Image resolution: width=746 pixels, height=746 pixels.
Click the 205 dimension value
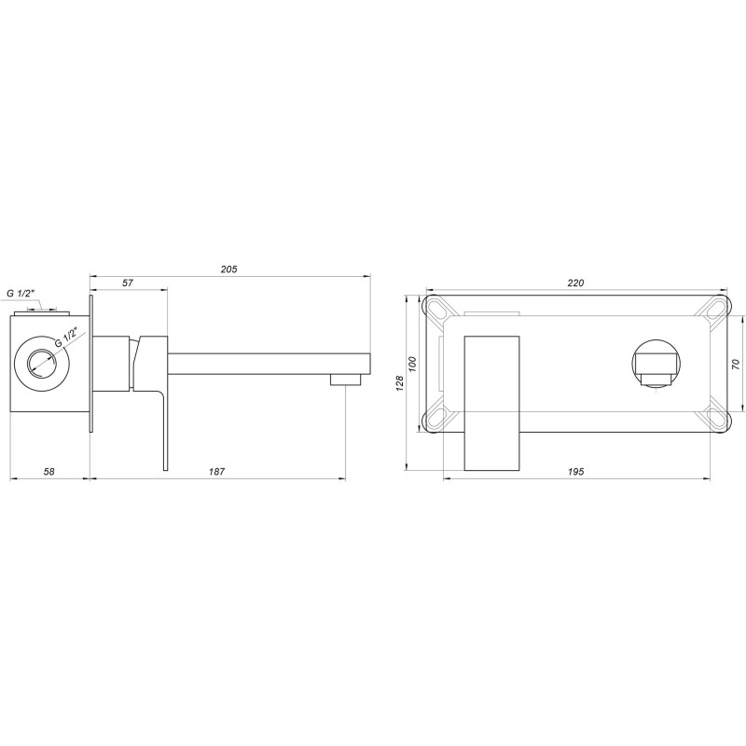(x=229, y=269)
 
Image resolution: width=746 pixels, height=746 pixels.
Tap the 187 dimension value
(x=216, y=472)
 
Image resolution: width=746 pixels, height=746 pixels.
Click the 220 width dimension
(x=575, y=283)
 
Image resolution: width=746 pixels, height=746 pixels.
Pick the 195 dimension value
(x=575, y=473)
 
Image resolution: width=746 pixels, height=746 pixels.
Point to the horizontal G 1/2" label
(x=21, y=294)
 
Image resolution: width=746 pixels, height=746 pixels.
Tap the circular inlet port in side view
(x=41, y=360)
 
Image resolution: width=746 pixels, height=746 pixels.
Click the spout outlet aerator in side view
(x=345, y=379)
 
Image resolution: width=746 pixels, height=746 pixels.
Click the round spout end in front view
(x=658, y=364)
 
